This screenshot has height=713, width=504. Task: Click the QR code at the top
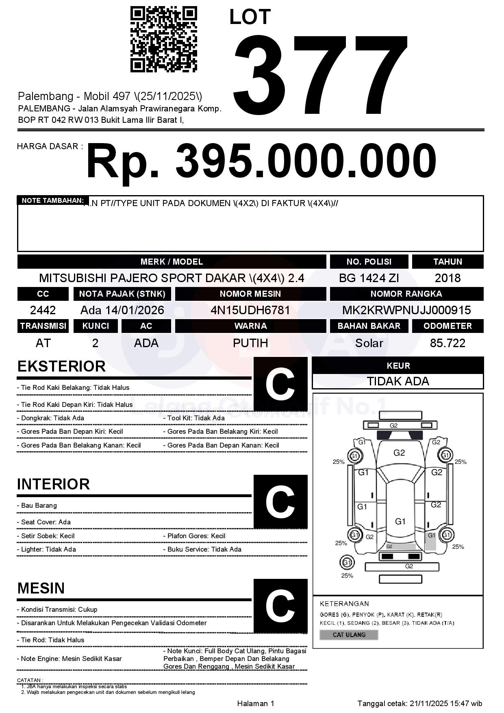[163, 39]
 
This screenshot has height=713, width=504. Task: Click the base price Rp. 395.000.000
[261, 161]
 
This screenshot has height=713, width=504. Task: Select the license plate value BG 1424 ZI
[369, 278]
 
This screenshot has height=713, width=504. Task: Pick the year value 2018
[448, 278]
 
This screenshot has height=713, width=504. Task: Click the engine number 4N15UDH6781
[250, 311]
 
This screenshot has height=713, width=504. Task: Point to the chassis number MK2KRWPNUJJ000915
[406, 311]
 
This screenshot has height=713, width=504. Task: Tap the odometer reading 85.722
[448, 343]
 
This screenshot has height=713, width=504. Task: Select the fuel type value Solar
[369, 343]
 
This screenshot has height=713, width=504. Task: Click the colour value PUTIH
[250, 343]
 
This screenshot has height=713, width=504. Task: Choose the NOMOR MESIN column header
[250, 294]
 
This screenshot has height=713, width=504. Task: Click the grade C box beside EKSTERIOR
[280, 384]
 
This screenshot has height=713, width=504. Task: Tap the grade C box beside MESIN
[280, 606]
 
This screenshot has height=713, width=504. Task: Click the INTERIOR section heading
[53, 484]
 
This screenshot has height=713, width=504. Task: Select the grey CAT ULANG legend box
[349, 635]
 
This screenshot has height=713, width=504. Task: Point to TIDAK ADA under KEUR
[398, 381]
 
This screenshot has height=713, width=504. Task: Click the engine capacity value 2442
[43, 311]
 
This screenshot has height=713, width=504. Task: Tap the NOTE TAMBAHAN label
[53, 200]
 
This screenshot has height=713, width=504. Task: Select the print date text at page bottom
[420, 703]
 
